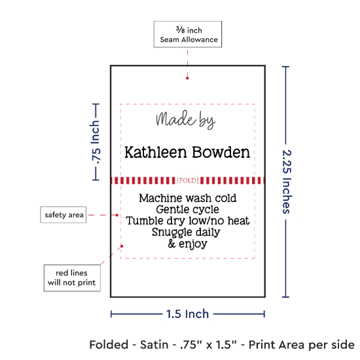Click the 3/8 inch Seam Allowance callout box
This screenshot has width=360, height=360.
[188, 34]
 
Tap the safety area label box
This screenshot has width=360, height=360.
[63, 215]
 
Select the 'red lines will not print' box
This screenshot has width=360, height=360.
[72, 278]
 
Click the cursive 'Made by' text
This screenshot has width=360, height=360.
[185, 119]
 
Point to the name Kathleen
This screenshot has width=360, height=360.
[155, 153]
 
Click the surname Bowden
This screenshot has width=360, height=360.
[221, 153]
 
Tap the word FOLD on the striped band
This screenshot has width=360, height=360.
[188, 181]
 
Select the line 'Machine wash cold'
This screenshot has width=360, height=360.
[188, 198]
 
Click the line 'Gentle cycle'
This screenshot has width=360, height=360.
[188, 209]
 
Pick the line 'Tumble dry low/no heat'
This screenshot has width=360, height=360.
[188, 221]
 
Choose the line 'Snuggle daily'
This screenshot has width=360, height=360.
[186, 232]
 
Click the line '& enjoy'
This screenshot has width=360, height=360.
[188, 244]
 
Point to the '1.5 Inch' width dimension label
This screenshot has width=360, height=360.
[188, 314]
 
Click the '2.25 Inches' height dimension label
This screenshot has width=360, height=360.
[287, 182]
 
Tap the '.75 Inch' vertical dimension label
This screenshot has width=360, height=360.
[96, 142]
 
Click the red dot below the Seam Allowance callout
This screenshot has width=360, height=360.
[187, 79]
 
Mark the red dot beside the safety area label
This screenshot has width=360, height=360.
[117, 215]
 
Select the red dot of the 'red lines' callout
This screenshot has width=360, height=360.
[122, 246]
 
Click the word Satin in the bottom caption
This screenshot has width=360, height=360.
[154, 345]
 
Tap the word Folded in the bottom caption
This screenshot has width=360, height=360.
[109, 345]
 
